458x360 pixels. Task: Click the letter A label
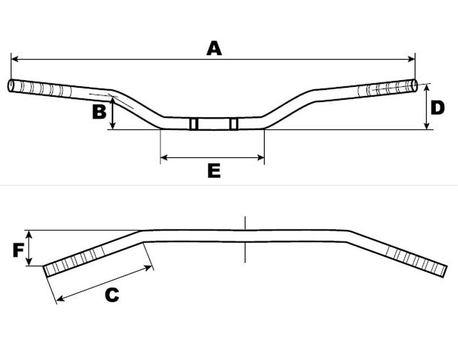[214, 48]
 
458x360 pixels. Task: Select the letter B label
[99, 111]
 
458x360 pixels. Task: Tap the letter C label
[112, 295]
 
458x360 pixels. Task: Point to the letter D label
[438, 108]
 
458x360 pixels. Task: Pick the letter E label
[213, 170]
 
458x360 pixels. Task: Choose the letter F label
[19, 250]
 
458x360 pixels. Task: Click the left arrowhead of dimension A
[14, 58]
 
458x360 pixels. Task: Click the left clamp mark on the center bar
[194, 124]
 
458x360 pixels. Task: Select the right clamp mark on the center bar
[234, 124]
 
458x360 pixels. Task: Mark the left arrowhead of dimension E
[164, 156]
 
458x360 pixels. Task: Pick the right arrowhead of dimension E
[262, 156]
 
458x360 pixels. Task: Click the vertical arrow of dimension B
[113, 113]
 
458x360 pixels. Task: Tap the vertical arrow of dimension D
[427, 107]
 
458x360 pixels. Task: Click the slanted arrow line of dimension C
[105, 283]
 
